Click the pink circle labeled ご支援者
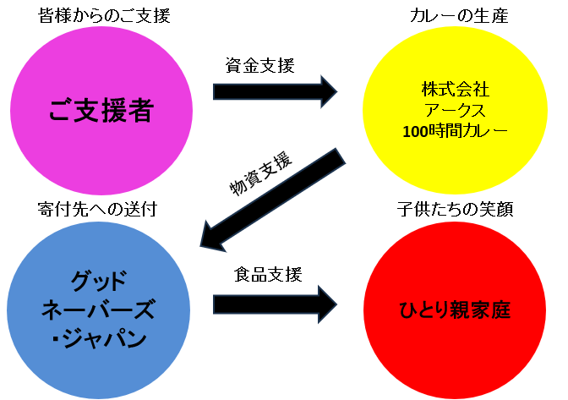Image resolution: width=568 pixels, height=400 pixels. coord(104,108)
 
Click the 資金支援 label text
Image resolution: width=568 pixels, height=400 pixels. coord(259,65)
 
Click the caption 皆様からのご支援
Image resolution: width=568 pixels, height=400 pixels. coord(104,15)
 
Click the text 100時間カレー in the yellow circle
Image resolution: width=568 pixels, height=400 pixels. coord(455,131)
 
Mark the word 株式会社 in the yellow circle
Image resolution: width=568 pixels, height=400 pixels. coord(455,89)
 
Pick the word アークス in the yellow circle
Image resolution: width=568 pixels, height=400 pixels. coord(455,110)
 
